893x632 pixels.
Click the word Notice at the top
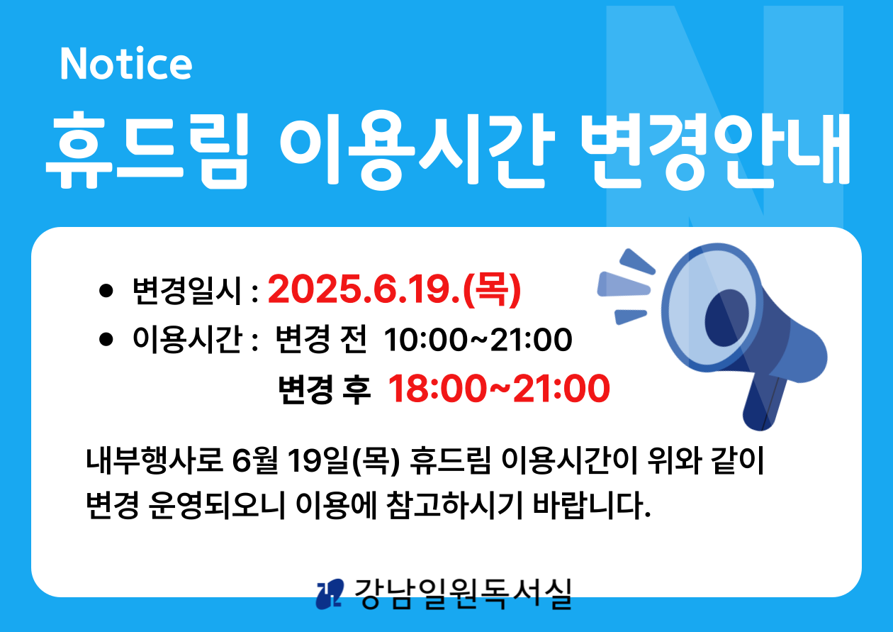point(126,64)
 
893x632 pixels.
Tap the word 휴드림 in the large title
point(147,150)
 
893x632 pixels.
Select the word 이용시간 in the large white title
point(417,150)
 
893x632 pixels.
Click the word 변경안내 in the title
point(716,150)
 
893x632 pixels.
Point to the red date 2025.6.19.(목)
point(394,290)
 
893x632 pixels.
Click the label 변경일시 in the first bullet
point(187,291)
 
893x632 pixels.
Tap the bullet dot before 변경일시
point(106,291)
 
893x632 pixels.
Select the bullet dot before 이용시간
point(106,340)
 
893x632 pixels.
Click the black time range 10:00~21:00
point(478,340)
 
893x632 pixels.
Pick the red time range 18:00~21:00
point(499,388)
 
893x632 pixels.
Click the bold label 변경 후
point(324,389)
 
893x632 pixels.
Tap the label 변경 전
point(321,340)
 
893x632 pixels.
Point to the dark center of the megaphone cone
point(726,318)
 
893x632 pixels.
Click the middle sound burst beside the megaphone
point(623,284)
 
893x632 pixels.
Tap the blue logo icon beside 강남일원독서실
point(330,594)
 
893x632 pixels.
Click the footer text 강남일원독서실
point(463,594)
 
